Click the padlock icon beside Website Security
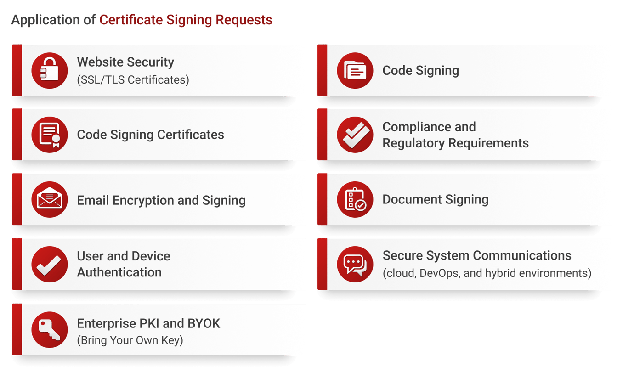pos(49,70)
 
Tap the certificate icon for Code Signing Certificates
pos(49,135)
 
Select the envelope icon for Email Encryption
pos(49,200)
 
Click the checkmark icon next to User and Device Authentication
pos(49,264)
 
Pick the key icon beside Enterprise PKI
pos(49,329)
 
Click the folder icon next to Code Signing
pos(355,70)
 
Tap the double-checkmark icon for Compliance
pos(355,135)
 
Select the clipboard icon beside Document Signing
pos(355,200)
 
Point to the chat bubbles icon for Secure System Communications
pos(355,264)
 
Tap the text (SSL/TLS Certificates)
pos(133,80)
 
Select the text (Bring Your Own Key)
pos(130,340)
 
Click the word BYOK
pos(204,323)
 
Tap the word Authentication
pos(119,272)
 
